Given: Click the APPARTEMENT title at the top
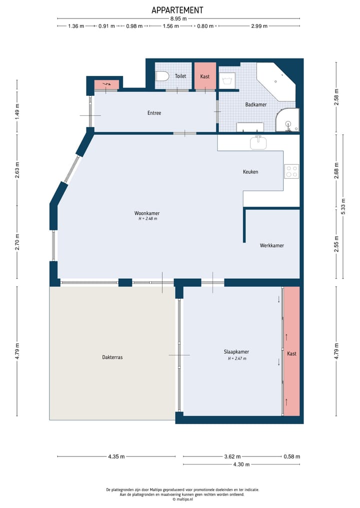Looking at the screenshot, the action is pyautogui.click(x=177, y=10).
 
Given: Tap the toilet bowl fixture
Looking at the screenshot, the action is pyautogui.click(x=162, y=76).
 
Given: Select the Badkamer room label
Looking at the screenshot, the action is pyautogui.click(x=256, y=104).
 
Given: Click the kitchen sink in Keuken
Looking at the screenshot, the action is pyautogui.click(x=258, y=142).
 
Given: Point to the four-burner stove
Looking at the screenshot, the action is pyautogui.click(x=291, y=171).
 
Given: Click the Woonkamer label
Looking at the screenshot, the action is pyautogui.click(x=147, y=213).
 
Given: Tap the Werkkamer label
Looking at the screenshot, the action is pyautogui.click(x=272, y=246).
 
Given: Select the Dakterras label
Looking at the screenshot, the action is pyautogui.click(x=112, y=357).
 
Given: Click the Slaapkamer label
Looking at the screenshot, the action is pyautogui.click(x=236, y=352).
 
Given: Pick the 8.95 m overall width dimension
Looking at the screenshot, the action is pyautogui.click(x=178, y=19).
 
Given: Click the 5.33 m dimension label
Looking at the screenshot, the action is pyautogui.click(x=343, y=206).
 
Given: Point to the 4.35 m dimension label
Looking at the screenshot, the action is pyautogui.click(x=116, y=457).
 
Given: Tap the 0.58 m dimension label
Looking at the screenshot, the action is pyautogui.click(x=292, y=457).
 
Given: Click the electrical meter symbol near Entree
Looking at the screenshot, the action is pyautogui.click(x=106, y=84).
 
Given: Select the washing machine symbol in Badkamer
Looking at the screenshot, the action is pyautogui.click(x=227, y=80).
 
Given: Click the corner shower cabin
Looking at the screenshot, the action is pyautogui.click(x=287, y=120).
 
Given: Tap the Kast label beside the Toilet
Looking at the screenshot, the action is pyautogui.click(x=204, y=76).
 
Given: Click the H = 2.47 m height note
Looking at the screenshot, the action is pyautogui.click(x=237, y=359).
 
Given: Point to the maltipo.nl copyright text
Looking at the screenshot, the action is pyautogui.click(x=182, y=499).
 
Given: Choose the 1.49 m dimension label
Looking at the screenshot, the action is pyautogui.click(x=17, y=110).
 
